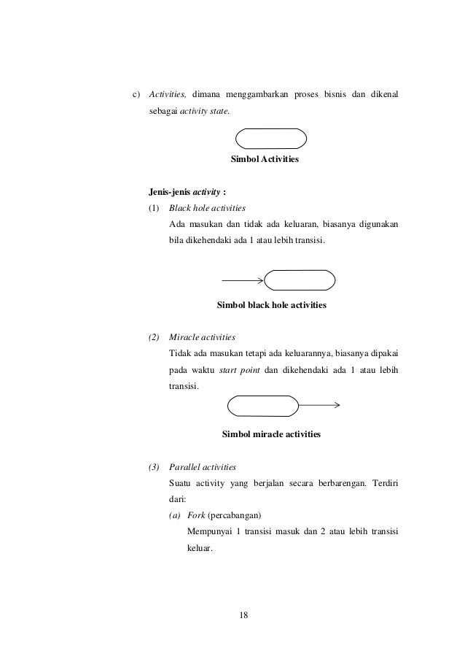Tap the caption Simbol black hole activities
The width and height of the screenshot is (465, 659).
(272, 305)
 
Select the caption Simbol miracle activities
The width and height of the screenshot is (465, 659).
(271, 433)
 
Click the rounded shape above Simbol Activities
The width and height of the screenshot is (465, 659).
(271, 138)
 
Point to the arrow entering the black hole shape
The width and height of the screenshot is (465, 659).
(242, 280)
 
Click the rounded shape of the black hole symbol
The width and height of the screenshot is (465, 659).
(300, 280)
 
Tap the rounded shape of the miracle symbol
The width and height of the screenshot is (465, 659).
(263, 406)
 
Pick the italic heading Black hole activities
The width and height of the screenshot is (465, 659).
(207, 209)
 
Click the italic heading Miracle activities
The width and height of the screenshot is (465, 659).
(202, 338)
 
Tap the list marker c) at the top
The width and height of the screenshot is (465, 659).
(135, 95)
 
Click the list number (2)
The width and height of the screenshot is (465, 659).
(154, 338)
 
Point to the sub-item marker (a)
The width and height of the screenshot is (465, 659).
(174, 515)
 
